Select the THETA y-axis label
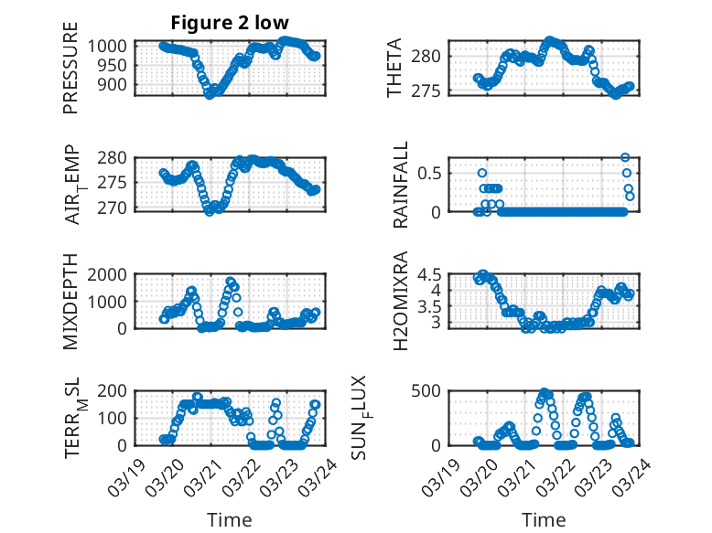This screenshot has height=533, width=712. click(x=394, y=69)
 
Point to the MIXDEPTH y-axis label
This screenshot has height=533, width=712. click(x=70, y=302)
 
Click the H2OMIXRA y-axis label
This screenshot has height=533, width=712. click(x=401, y=302)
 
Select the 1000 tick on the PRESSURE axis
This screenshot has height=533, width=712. click(x=113, y=46)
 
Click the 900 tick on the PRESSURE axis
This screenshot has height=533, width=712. click(x=117, y=83)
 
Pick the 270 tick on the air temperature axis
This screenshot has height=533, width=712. click(x=117, y=209)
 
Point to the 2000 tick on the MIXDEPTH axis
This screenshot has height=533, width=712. click(x=113, y=274)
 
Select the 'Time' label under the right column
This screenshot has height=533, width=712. click(x=544, y=519)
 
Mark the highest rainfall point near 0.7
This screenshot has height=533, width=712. click(x=626, y=157)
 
